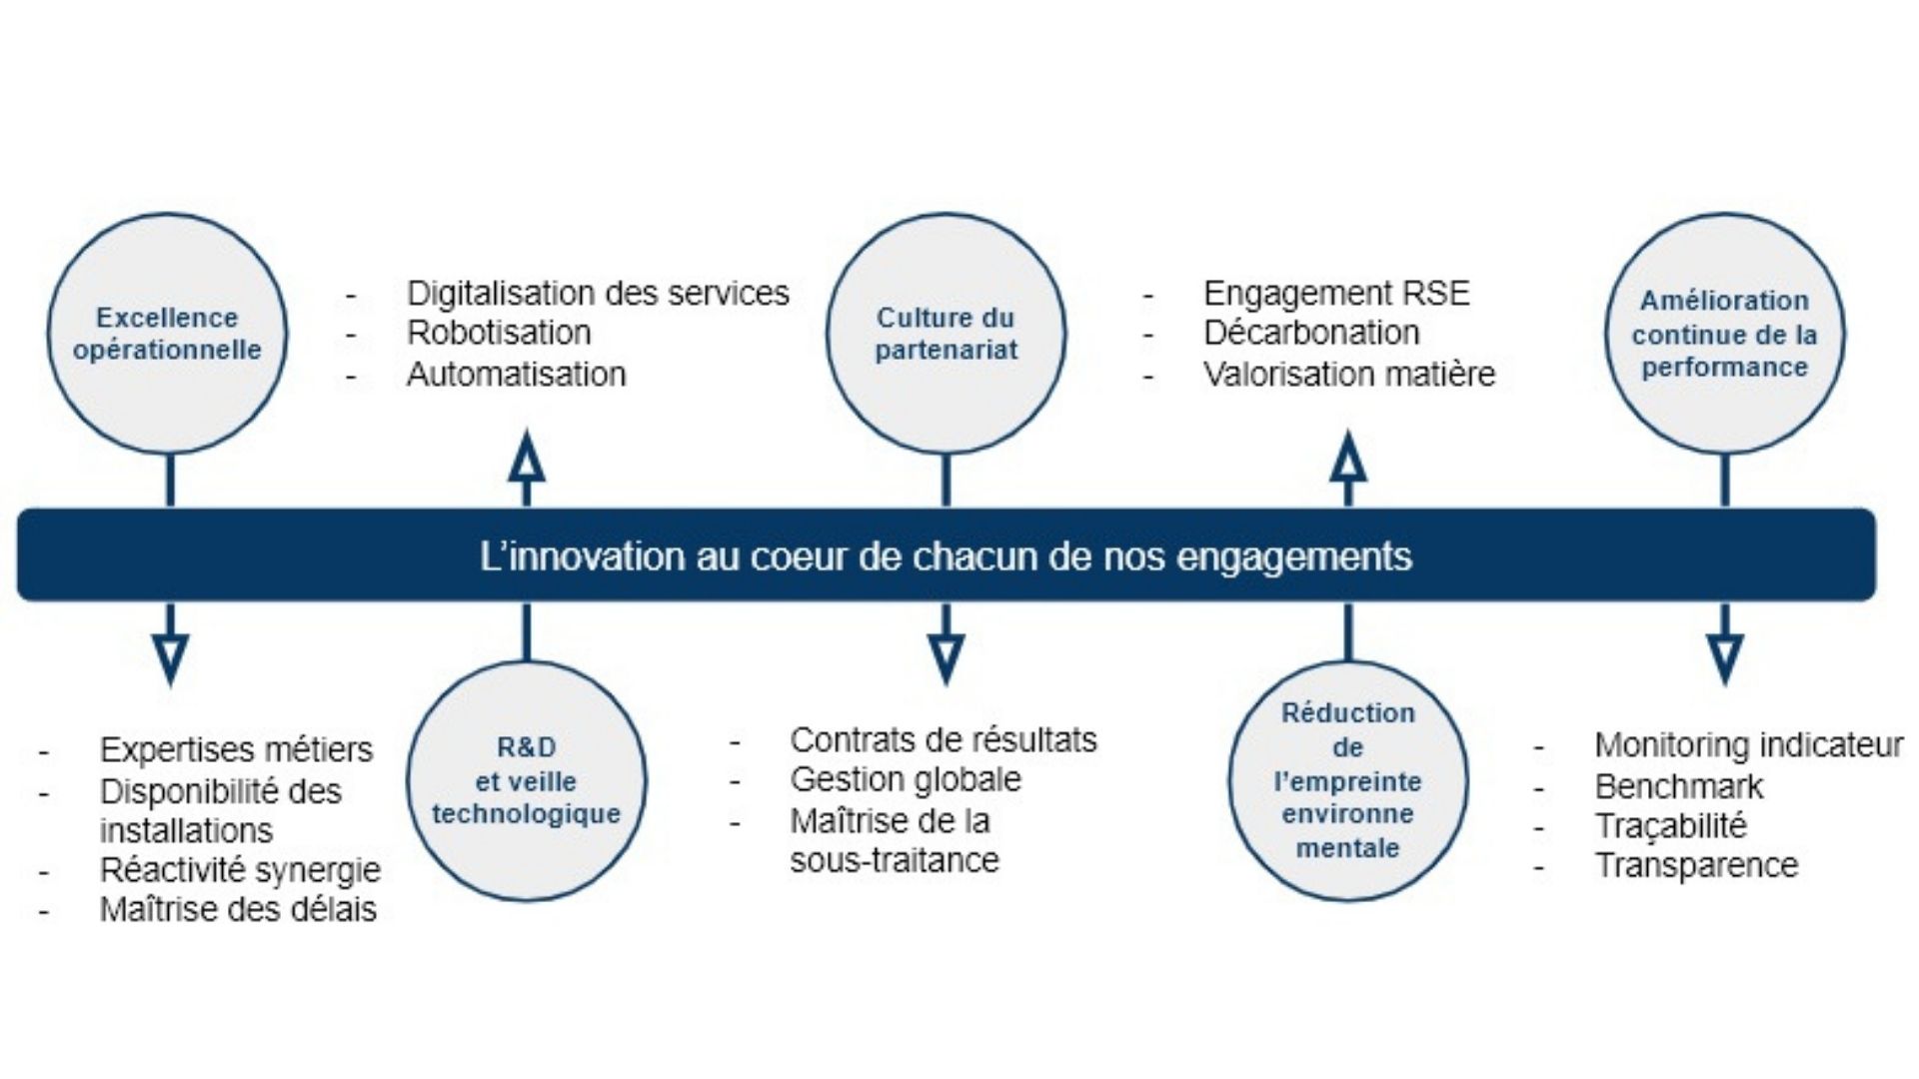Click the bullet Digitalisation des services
(598, 294)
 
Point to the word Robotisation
(499, 333)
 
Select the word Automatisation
(517, 374)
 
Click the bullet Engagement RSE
(1336, 294)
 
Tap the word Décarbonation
(1311, 333)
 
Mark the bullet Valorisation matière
(1349, 374)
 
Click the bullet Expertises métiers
(236, 749)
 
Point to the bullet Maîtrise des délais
(238, 909)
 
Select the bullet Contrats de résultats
(944, 740)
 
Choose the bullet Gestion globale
(906, 779)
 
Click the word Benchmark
(1679, 786)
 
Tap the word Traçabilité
(1671, 826)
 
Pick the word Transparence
(1696, 865)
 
